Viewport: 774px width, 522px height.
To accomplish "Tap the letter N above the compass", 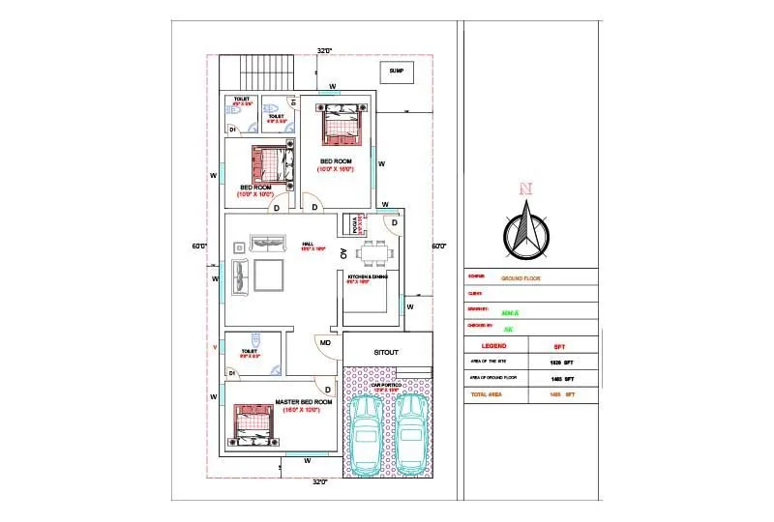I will [525, 188].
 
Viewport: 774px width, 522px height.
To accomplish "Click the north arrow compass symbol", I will [525, 232].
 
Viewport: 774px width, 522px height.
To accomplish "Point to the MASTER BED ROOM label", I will [304, 401].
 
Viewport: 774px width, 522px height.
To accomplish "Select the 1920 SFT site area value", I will [562, 362].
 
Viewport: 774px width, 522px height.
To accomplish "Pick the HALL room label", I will [308, 244].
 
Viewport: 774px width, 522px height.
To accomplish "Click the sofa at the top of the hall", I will [266, 242].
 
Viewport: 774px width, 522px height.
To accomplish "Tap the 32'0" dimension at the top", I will [324, 49].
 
